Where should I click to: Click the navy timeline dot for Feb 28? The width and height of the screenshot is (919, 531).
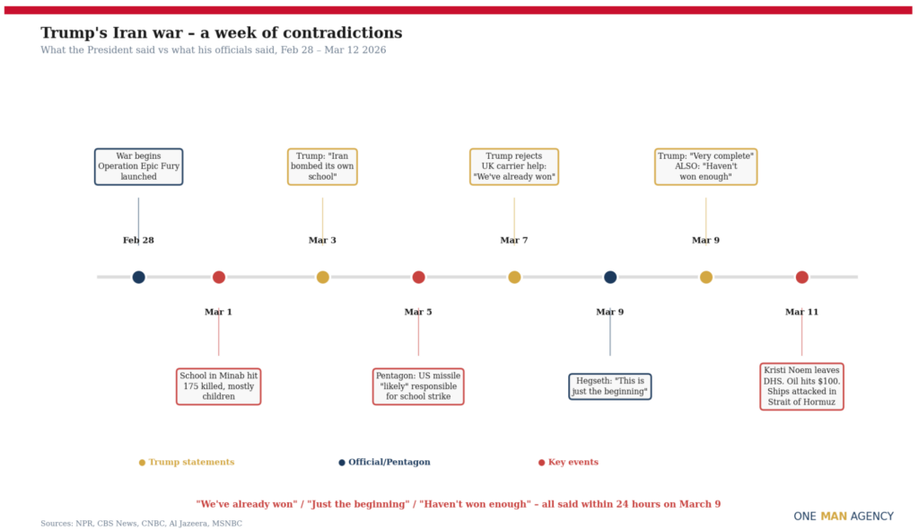[138, 277]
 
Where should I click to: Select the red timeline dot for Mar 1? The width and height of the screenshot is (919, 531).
[218, 277]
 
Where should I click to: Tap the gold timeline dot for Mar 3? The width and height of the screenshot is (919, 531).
[322, 277]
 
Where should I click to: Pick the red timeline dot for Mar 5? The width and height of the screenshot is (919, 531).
[418, 277]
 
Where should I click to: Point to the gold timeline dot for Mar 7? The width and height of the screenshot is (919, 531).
[514, 277]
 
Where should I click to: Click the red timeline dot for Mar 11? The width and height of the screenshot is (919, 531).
[801, 277]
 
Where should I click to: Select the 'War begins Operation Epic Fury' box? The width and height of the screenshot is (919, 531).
[138, 167]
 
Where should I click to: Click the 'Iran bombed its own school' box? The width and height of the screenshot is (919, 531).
[322, 167]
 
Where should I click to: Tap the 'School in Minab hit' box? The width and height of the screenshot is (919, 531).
[218, 386]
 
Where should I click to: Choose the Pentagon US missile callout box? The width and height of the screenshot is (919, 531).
[418, 386]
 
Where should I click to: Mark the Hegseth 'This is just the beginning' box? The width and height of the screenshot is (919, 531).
[609, 386]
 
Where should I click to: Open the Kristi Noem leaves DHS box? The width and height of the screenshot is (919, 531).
[801, 386]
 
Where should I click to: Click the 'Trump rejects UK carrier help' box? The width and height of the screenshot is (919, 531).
[514, 167]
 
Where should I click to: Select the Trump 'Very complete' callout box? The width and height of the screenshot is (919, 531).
[705, 167]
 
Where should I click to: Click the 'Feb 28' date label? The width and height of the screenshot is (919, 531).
[138, 240]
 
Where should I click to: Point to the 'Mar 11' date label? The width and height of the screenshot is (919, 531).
[801, 312]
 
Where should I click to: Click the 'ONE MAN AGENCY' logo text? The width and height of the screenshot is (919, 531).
[844, 517]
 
